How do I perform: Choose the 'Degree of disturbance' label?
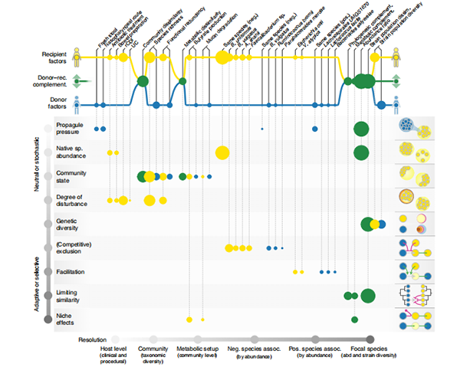(x=73, y=200)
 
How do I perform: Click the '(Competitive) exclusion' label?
(x=74, y=247)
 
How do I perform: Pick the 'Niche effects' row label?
(x=67, y=319)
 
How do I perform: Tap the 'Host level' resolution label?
(x=113, y=350)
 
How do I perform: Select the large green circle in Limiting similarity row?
(x=367, y=296)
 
